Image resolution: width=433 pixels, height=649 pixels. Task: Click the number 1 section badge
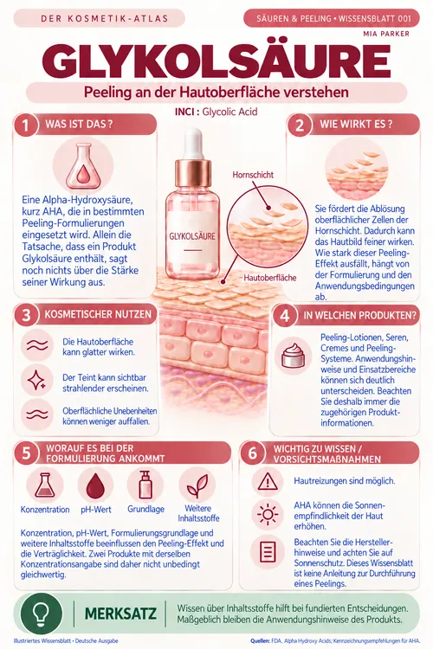click(26, 125)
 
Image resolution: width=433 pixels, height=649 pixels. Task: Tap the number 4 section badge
click(284, 315)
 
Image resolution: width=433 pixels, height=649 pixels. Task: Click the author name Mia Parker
click(386, 34)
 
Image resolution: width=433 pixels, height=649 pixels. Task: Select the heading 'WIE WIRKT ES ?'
click(356, 124)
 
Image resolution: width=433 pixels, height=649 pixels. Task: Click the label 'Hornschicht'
click(253, 175)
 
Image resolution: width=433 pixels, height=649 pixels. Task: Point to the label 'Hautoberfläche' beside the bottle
click(269, 277)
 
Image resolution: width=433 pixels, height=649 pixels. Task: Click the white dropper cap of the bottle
click(193, 143)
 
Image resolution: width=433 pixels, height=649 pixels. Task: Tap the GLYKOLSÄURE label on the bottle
click(192, 236)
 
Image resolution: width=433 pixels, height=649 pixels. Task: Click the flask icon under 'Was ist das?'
click(83, 166)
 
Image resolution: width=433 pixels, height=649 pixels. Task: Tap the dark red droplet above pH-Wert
click(95, 485)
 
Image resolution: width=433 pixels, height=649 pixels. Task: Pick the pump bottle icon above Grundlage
click(145, 484)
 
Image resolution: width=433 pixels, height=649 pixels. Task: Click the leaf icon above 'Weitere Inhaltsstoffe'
click(197, 485)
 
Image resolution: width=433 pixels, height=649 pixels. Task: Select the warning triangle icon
click(268, 481)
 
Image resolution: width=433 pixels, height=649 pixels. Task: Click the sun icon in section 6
click(268, 515)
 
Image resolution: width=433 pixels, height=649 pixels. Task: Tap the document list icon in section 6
click(268, 552)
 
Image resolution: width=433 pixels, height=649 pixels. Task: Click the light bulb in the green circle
click(41, 613)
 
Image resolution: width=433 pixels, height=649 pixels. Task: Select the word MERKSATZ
click(120, 614)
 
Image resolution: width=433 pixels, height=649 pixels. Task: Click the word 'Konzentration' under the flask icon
click(45, 510)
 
